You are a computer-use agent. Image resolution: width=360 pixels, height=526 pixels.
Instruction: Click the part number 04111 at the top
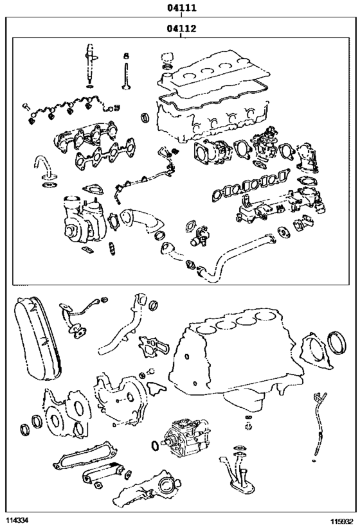click(181, 8)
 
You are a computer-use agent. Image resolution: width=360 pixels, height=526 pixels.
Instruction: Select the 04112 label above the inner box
click(181, 28)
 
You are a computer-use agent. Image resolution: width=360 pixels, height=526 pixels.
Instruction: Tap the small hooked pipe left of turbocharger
click(45, 166)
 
